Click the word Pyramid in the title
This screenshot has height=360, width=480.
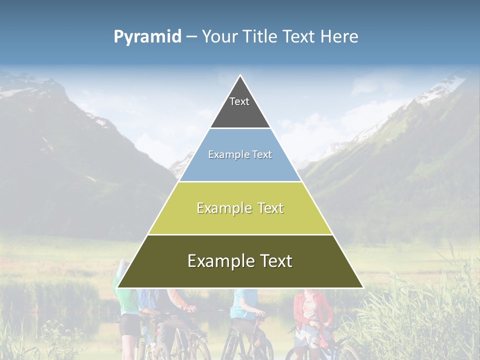coord(147,37)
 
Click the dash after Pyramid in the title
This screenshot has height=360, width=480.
coord(191,37)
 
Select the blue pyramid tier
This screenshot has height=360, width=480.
coord(240,167)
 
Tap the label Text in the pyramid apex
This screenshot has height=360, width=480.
coord(239,101)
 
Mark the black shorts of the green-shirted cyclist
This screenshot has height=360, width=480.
coord(130,325)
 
